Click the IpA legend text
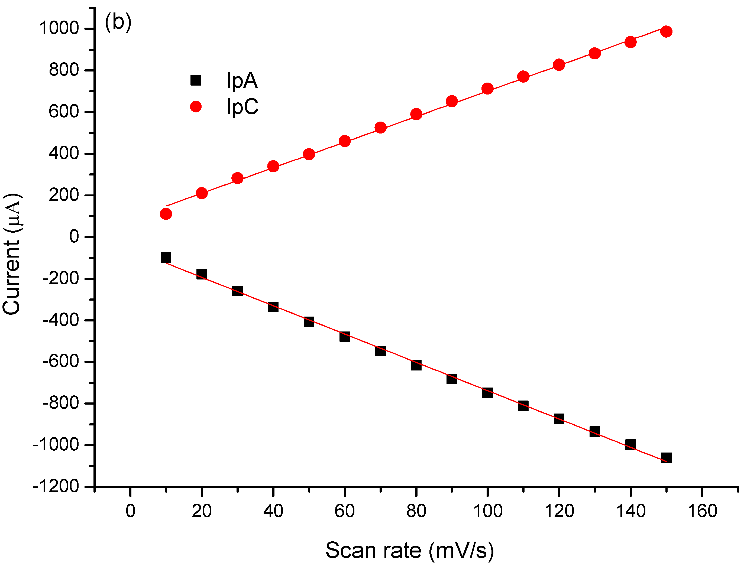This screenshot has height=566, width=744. click(242, 81)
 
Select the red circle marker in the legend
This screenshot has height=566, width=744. click(196, 107)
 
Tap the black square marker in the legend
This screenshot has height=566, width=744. click(196, 80)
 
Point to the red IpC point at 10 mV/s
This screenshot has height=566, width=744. click(166, 214)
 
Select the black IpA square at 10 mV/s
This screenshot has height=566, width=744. click(166, 257)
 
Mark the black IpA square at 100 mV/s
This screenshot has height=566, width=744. click(487, 392)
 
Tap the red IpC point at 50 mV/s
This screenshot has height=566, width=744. click(309, 154)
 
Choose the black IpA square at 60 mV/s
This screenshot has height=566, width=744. click(345, 336)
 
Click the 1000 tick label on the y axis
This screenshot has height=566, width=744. click(59, 28)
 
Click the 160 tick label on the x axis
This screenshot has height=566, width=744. click(702, 511)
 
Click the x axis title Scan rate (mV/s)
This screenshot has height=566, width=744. click(410, 551)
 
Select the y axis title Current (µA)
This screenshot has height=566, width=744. click(12, 254)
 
